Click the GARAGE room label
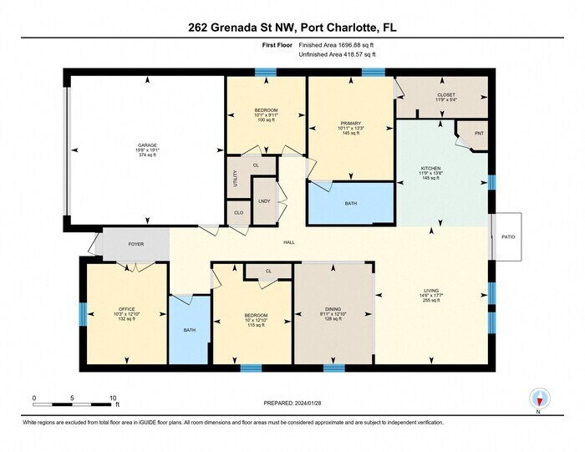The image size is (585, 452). (147, 145)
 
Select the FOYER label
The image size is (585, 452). (135, 244)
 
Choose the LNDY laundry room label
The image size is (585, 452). (264, 201)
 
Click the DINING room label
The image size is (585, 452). (333, 309)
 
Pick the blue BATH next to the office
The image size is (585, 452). (190, 330)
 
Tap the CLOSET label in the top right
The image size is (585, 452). (446, 95)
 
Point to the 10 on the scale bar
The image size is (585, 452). (112, 399)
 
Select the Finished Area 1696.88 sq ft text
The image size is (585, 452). (337, 45)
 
